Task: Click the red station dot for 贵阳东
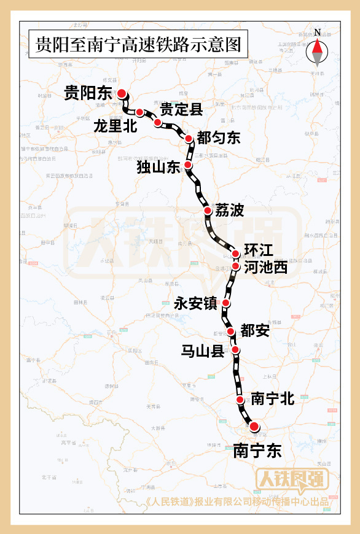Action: click(x=122, y=93)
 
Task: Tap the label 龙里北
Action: click(x=115, y=126)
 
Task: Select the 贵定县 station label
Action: click(x=181, y=110)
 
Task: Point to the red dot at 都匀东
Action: click(x=189, y=139)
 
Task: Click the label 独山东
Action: click(x=157, y=166)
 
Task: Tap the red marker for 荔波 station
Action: click(x=208, y=211)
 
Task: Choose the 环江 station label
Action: click(x=258, y=250)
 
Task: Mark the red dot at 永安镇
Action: click(x=226, y=303)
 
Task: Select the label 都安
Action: click(x=255, y=331)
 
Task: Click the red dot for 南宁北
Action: click(x=240, y=400)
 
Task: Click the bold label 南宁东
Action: click(x=257, y=451)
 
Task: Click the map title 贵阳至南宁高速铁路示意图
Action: click(x=138, y=44)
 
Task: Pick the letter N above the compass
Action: click(x=317, y=33)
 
